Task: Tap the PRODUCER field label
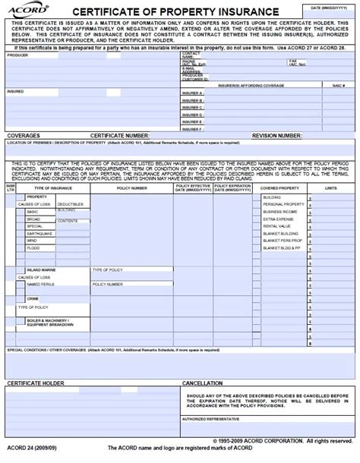(17, 55)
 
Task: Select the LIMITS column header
(333, 187)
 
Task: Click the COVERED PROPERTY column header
(279, 187)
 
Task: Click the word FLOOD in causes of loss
(33, 248)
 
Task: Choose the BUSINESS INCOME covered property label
(279, 212)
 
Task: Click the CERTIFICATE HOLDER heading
(36, 383)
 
